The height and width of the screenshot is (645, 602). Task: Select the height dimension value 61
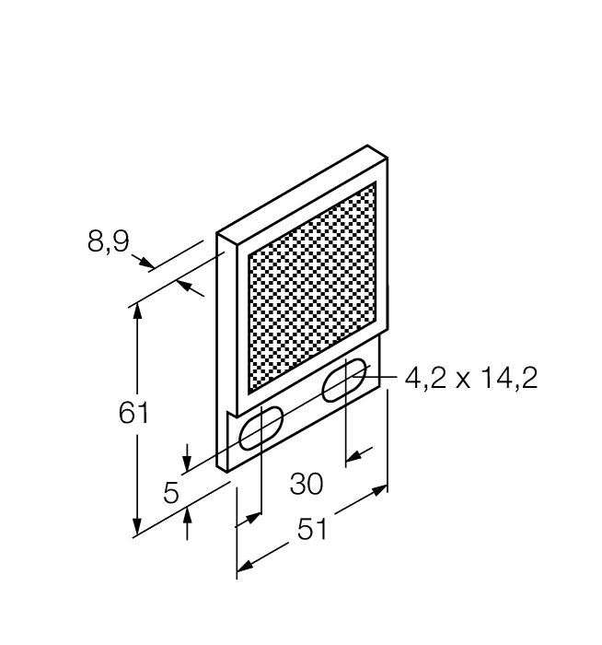pos(134,413)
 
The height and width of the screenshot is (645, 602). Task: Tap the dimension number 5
pos(171,493)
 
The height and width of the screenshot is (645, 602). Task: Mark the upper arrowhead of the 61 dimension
pos(138,311)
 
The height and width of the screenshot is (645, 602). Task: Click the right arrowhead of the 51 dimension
pos(379,490)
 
